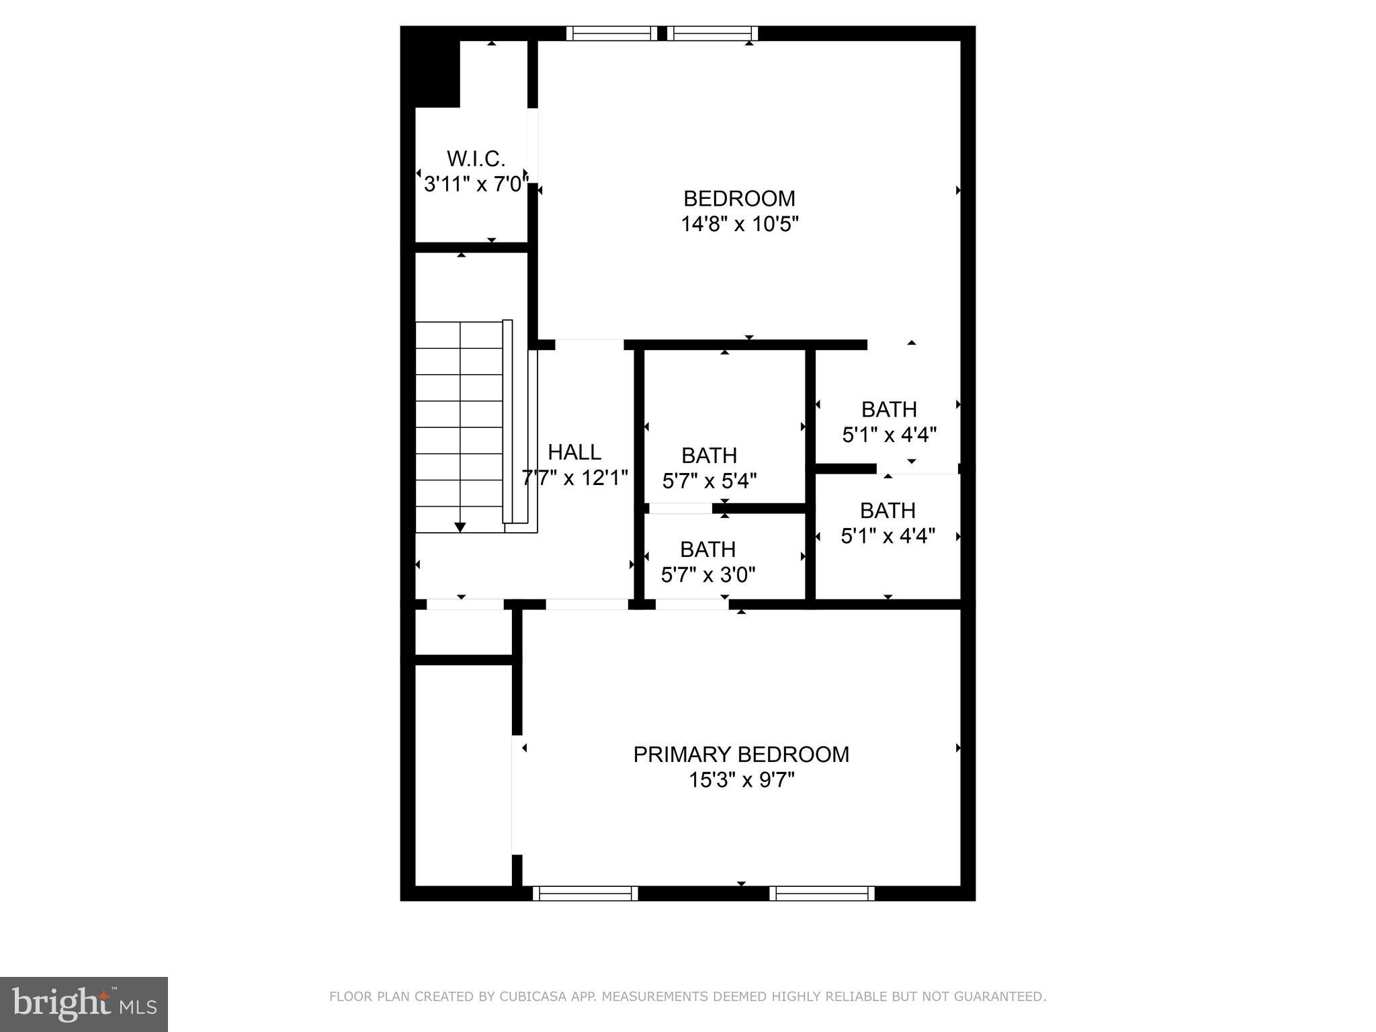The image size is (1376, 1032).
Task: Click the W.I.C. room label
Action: pyautogui.click(x=476, y=159)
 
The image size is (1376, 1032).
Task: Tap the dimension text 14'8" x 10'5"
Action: pyautogui.click(x=740, y=224)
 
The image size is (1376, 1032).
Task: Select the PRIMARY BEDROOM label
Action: pyautogui.click(x=741, y=755)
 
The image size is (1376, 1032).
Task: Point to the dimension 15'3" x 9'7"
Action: pyautogui.click(x=741, y=780)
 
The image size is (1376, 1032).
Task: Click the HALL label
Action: pyautogui.click(x=574, y=452)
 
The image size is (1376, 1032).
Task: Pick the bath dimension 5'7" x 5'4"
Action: pyautogui.click(x=709, y=481)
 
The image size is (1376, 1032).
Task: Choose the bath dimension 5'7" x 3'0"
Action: pyautogui.click(x=708, y=575)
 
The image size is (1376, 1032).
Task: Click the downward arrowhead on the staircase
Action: pyautogui.click(x=460, y=527)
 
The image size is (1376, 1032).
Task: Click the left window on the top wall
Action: pyautogui.click(x=611, y=34)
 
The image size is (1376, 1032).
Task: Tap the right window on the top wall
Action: pyautogui.click(x=716, y=34)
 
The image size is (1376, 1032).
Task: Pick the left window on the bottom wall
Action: pyautogui.click(x=585, y=893)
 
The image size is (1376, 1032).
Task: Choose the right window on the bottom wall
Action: pyautogui.click(x=822, y=893)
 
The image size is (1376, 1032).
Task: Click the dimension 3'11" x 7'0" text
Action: pyautogui.click(x=474, y=184)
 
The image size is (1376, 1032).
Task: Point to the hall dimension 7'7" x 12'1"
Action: pyautogui.click(x=575, y=478)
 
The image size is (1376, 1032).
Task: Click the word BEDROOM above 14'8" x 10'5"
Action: pyautogui.click(x=739, y=198)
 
